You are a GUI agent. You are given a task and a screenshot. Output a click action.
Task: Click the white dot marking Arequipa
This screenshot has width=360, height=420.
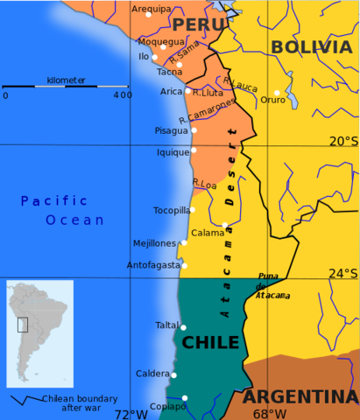pos(148,15)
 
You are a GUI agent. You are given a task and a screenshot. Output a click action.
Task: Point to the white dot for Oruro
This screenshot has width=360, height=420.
pos(277,92)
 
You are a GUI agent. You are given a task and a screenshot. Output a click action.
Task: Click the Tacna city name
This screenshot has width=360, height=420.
pos(169,72)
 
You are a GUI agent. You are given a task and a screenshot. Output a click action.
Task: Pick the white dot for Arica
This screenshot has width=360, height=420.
pos(187,90)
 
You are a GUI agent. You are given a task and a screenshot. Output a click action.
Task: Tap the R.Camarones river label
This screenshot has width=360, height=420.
pos(208,110)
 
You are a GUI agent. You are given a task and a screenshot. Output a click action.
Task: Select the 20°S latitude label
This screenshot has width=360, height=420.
pos(343,141)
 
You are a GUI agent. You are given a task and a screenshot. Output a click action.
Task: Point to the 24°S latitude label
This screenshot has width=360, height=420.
pos(343,273)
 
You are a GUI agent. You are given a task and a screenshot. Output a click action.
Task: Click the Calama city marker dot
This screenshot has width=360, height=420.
pos(224,226)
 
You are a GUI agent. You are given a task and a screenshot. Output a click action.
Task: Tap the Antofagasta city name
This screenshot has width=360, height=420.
pos(152,264)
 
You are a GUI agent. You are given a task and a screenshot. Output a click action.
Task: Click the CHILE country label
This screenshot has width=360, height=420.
pos(210,342)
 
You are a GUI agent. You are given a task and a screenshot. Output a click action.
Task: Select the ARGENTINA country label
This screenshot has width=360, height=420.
pos(300,396)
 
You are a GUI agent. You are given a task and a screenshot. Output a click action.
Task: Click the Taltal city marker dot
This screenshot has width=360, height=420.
pos(184,326)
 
